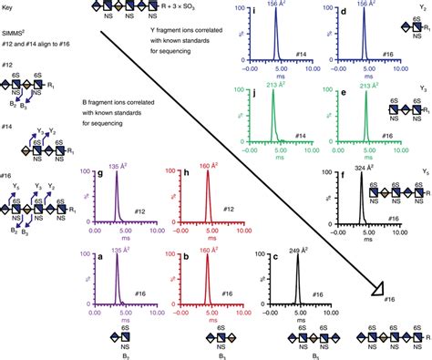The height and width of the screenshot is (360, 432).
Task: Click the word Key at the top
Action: [11, 6]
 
